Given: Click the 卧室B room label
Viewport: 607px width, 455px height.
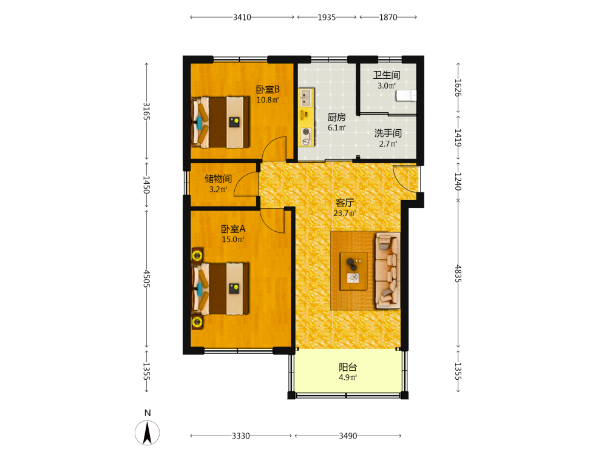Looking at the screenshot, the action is (268, 89).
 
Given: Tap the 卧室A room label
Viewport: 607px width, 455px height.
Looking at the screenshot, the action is (233, 229).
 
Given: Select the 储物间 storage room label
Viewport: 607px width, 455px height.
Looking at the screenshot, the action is (218, 179).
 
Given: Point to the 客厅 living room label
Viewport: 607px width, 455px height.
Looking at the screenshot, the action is (345, 203).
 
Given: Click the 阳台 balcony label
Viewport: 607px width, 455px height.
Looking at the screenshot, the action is (348, 367).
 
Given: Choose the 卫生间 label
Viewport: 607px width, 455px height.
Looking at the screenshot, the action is (386, 75).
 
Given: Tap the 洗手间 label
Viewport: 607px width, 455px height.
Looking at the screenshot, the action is (388, 133).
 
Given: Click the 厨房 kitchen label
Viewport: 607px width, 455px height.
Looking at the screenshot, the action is (336, 117).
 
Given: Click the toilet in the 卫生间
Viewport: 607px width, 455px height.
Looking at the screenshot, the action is (406, 95).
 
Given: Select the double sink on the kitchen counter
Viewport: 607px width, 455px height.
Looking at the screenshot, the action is (306, 97).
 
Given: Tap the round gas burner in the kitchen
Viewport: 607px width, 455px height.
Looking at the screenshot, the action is (306, 132).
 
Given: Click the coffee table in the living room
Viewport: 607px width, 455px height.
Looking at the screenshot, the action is (353, 271).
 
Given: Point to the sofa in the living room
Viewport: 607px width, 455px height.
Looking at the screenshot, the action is (387, 271).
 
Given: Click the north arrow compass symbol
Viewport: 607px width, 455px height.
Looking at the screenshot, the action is (147, 433).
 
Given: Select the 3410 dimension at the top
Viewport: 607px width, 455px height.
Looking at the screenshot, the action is (242, 18).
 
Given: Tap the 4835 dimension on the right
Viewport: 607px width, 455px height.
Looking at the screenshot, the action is (458, 274).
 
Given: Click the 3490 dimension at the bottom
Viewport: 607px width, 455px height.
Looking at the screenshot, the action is (348, 436).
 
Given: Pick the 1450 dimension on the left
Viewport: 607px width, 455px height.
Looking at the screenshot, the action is (146, 185).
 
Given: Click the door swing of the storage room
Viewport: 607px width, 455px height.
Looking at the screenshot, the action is (245, 184).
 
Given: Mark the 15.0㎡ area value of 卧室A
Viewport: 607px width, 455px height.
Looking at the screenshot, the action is (233, 240).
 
